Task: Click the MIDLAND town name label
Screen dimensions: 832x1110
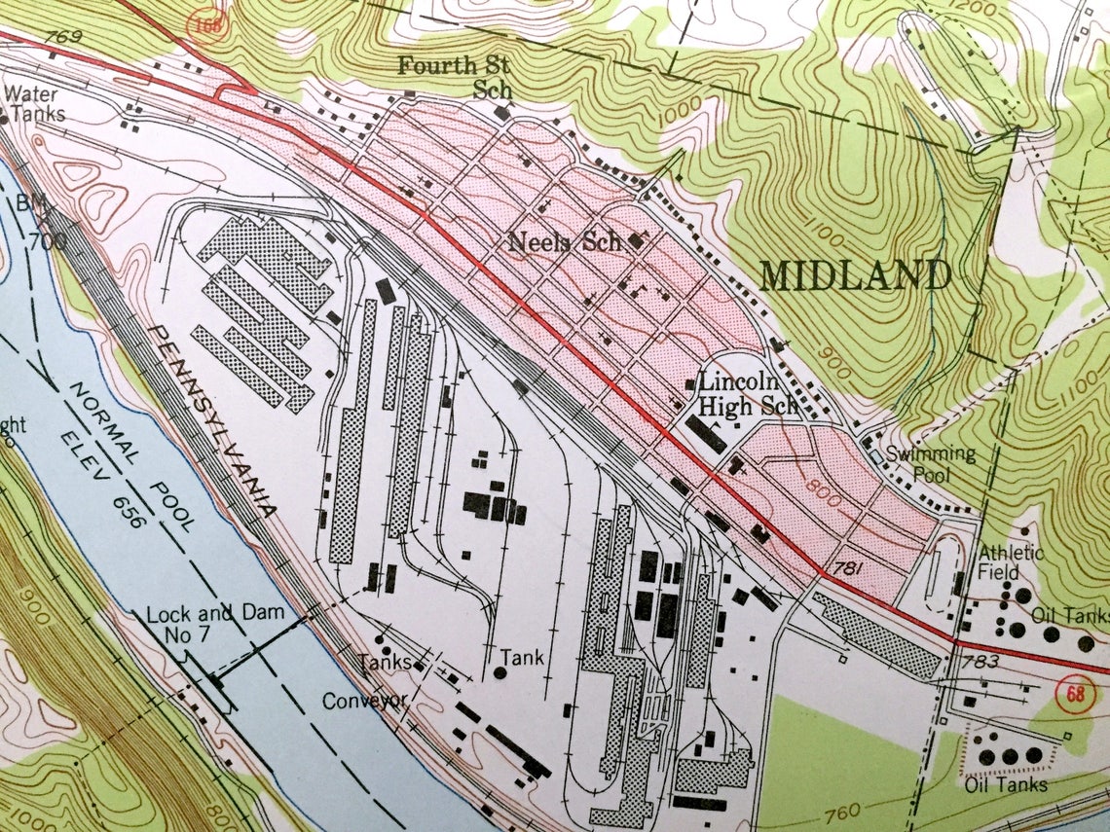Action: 855,276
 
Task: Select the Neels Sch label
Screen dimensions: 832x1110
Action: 565,242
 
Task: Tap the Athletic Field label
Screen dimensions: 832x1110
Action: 1012,563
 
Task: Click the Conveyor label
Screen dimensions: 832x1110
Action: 364,701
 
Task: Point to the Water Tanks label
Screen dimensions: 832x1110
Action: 35,104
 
